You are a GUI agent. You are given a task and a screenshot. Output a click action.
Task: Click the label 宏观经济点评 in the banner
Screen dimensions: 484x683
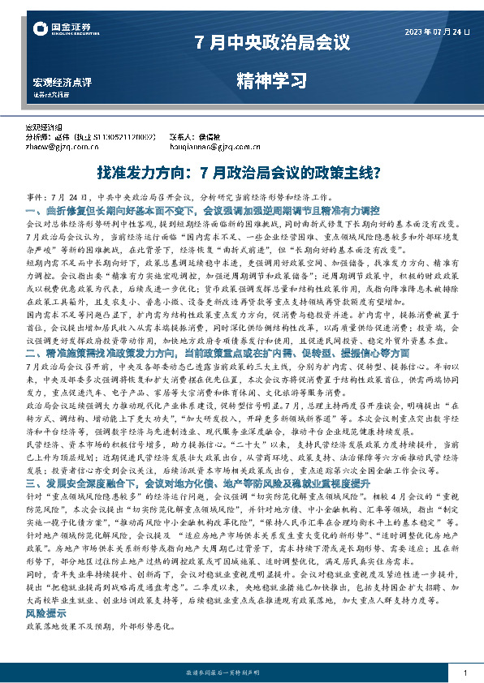(x=62, y=83)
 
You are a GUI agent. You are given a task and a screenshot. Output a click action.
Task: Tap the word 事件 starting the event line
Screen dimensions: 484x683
(x=37, y=197)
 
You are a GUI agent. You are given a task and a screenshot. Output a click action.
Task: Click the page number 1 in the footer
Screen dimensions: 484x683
(x=464, y=673)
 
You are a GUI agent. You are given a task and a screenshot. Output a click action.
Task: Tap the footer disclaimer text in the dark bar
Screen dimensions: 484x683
(x=242, y=673)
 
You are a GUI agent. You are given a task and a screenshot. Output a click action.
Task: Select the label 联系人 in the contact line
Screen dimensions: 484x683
(x=180, y=137)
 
